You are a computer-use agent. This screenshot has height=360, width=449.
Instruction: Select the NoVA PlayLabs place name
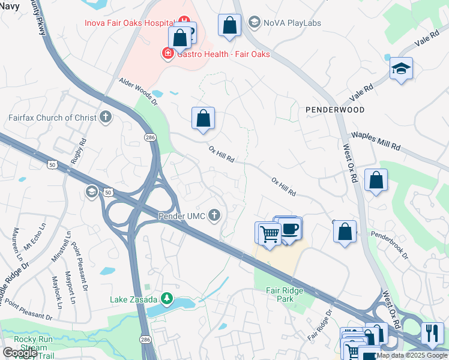[292, 23]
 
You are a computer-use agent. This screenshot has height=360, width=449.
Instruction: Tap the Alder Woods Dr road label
[137, 91]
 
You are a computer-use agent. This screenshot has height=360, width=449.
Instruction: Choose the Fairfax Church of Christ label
[52, 118]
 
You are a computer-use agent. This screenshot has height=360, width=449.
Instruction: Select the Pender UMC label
[181, 215]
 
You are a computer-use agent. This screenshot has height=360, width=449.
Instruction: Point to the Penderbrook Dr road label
[389, 245]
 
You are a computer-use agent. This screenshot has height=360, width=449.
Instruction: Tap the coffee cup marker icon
[290, 230]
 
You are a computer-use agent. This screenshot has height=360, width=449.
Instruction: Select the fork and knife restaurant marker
[432, 333]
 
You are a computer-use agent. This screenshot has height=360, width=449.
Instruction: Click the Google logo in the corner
[20, 353]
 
